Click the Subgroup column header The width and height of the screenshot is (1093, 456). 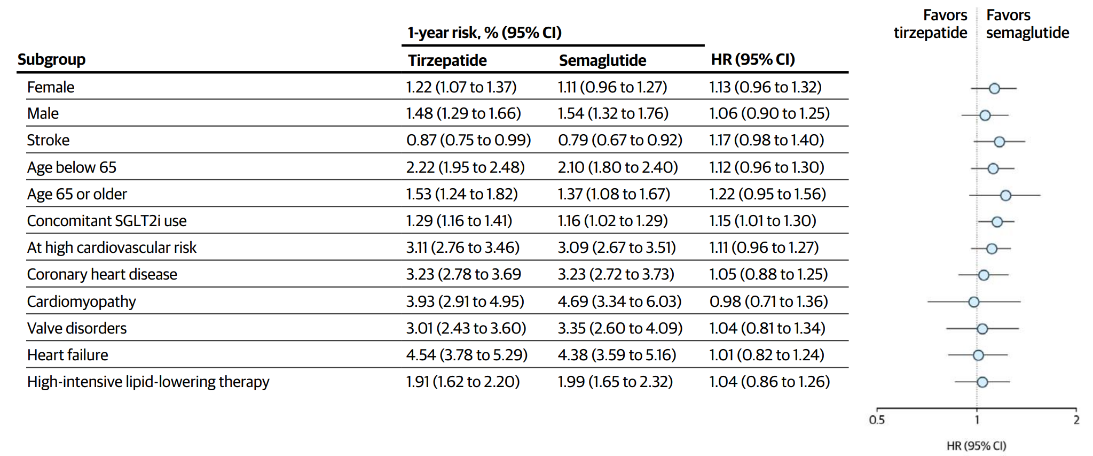[51, 59]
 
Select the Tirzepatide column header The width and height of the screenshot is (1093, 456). [447, 60]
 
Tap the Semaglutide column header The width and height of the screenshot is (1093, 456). [602, 60]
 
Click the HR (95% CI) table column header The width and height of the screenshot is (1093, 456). [753, 59]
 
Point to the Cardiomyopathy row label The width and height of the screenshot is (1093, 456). [81, 302]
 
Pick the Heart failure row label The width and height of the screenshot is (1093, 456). [67, 355]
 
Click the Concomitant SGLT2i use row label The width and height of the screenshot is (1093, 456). [107, 221]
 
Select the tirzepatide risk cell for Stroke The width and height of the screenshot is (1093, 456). [468, 140]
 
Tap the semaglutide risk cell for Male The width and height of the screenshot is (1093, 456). [613, 113]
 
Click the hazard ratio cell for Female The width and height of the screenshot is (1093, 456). [765, 87]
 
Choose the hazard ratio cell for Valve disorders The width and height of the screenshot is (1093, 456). [767, 328]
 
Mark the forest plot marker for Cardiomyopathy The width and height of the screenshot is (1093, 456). [974, 302]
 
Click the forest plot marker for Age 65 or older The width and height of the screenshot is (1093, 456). [1005, 195]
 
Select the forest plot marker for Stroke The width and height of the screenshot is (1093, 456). [999, 142]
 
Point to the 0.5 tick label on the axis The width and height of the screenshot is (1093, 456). [877, 420]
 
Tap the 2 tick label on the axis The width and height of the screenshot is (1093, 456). [1076, 420]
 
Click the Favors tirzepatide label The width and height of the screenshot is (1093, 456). [931, 24]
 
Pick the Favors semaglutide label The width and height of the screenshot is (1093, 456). [1027, 24]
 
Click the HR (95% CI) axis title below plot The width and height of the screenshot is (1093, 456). [976, 446]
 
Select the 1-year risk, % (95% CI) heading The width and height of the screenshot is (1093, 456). [484, 33]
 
